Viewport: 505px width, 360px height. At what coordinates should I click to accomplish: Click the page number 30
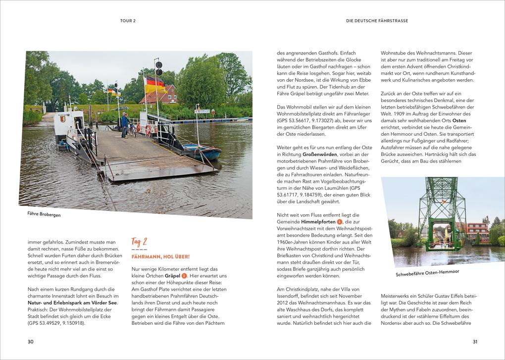pos(30,341)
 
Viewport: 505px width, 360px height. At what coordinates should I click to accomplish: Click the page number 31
pos(474,341)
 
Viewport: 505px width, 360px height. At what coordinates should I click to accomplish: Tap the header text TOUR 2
pos(128,21)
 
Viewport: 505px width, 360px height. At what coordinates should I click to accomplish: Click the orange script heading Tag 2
pos(140,242)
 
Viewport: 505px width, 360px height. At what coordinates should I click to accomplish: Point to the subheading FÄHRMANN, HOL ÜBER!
pos(160,257)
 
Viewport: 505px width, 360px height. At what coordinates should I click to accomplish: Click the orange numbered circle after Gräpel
pos(184,275)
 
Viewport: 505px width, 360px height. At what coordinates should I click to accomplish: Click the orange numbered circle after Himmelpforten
pos(339,222)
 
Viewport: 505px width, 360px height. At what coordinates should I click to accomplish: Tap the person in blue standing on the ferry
pos(124,125)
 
